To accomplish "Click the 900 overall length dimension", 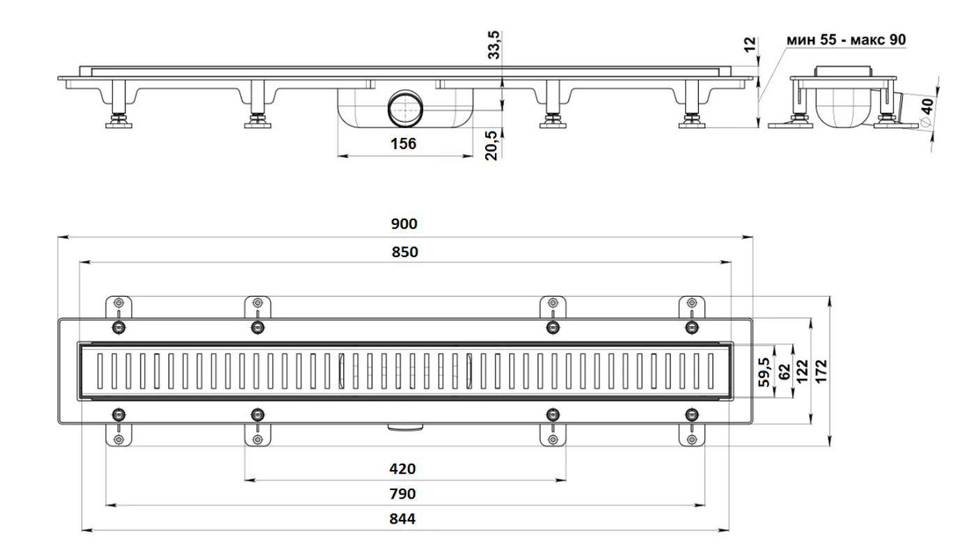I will click(404, 223).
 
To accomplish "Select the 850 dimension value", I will click(404, 252).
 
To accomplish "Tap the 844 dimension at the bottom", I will click(402, 519).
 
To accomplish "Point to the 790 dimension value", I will click(402, 494).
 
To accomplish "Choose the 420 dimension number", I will click(402, 469).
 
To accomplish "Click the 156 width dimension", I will click(403, 143).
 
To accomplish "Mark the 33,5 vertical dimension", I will click(494, 45).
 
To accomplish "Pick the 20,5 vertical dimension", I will click(491, 146).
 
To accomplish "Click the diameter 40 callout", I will click(927, 112).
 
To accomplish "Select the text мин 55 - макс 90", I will click(846, 40).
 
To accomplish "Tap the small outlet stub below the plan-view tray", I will click(405, 426).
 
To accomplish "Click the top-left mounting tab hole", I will click(119, 303).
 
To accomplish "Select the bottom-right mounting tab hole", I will click(691, 439).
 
